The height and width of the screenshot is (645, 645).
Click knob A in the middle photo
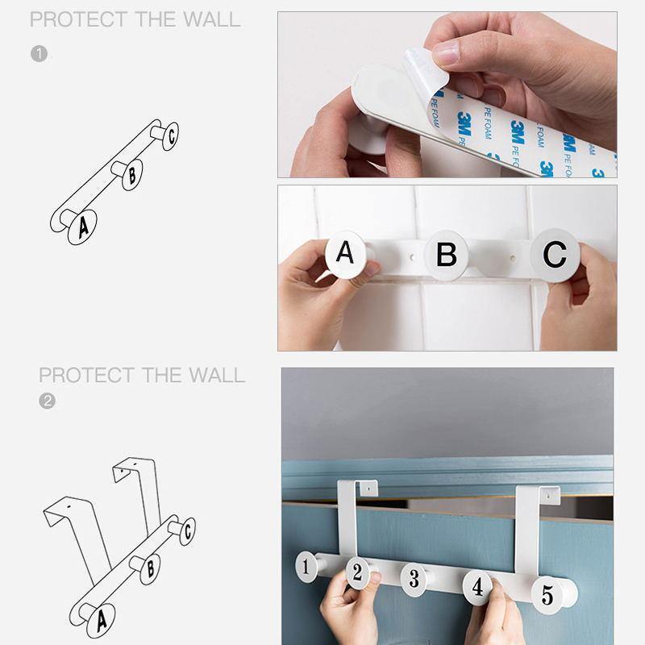point(345,254)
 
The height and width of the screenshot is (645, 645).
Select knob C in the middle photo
point(555,254)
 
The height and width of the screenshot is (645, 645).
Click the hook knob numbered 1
point(306,567)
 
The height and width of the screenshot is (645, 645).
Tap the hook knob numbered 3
point(414,578)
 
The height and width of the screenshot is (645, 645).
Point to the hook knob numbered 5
point(547,595)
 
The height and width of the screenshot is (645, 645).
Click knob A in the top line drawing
point(83,226)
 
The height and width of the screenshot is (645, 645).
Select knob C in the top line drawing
point(171,135)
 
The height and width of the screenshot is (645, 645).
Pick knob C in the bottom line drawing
point(187,531)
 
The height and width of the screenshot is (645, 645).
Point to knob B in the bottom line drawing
point(149,569)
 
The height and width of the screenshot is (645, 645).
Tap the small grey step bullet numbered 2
point(47,401)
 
